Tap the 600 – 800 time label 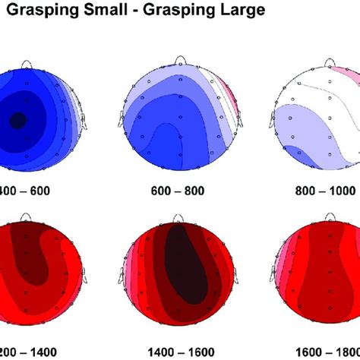179,191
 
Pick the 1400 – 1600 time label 179,352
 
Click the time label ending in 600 27,191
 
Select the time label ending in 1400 27,352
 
